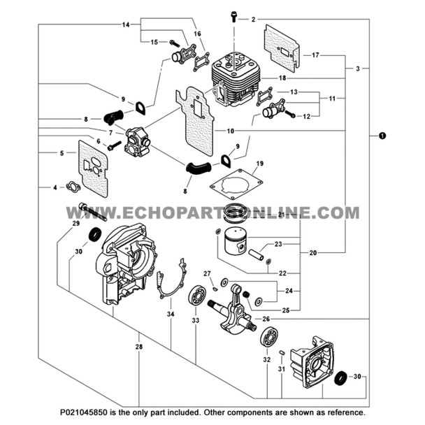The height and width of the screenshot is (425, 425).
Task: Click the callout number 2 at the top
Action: point(253,19)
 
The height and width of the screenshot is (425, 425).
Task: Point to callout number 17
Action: point(315,55)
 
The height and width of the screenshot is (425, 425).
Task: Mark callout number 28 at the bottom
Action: point(139,347)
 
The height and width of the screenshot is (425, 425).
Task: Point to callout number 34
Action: point(170,315)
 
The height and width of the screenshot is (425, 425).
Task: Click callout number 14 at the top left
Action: point(126,25)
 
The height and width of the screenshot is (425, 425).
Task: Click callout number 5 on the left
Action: point(62,152)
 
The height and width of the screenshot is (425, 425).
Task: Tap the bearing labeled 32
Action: point(267,337)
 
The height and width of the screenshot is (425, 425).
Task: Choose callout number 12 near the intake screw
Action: point(306,116)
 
